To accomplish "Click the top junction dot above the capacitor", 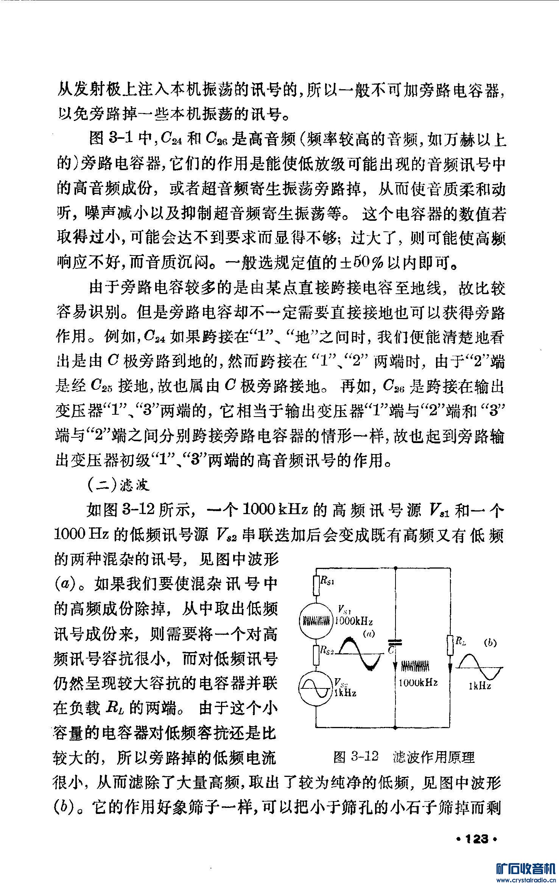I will (x=395, y=567).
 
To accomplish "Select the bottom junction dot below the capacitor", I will (x=395, y=726).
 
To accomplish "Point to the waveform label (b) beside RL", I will (x=490, y=643).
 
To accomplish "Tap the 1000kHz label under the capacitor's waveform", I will (x=418, y=682).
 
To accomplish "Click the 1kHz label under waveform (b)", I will (x=480, y=685).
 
